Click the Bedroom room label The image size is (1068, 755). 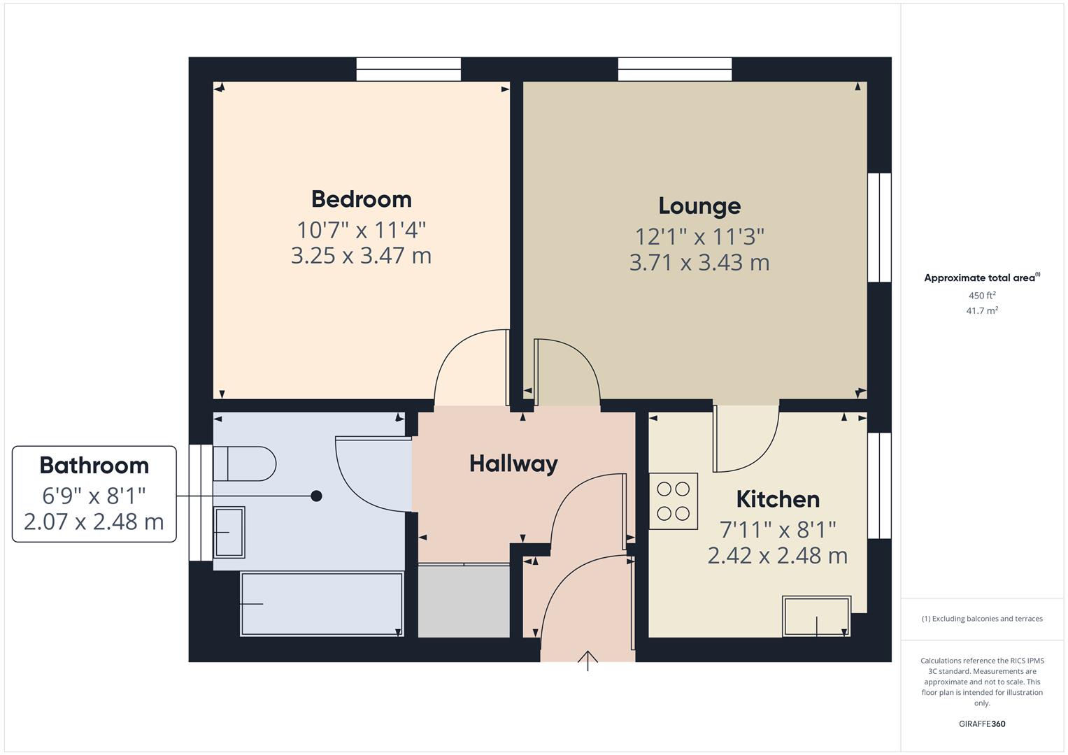click(x=361, y=199)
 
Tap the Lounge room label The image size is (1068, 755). click(x=699, y=206)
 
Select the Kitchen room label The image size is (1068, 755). click(x=778, y=499)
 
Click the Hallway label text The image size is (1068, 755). click(x=513, y=463)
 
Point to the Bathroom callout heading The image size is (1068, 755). click(x=94, y=466)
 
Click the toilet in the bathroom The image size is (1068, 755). click(x=244, y=463)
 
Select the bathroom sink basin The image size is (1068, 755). click(x=229, y=532)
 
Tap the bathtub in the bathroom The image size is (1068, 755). click(x=322, y=603)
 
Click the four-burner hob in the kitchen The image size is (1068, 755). click(x=674, y=501)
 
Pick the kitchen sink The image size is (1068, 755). click(x=816, y=616)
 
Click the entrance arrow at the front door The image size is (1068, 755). click(x=588, y=660)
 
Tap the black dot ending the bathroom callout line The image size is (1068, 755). click(x=316, y=496)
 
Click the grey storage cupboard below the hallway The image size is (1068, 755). click(x=464, y=601)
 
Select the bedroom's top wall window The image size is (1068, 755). click(x=408, y=69)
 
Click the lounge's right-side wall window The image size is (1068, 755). click(x=879, y=227)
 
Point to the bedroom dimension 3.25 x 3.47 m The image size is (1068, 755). click(x=361, y=256)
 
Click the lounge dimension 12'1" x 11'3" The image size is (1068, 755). click(x=699, y=237)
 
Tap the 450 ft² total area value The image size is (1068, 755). click(x=982, y=296)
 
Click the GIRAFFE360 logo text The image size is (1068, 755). click(x=982, y=724)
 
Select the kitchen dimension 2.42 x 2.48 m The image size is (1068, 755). click(x=778, y=556)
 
